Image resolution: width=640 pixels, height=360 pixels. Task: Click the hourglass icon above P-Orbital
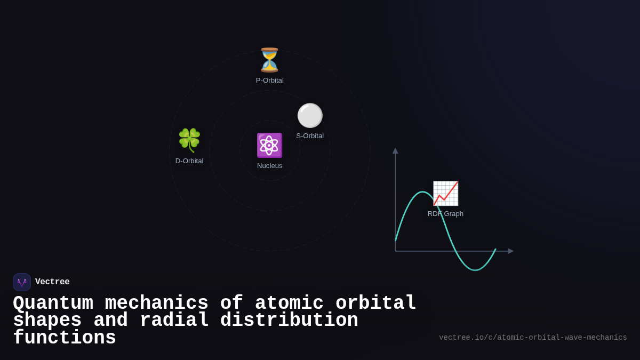(269, 60)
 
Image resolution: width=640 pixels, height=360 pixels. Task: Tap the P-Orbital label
(269, 81)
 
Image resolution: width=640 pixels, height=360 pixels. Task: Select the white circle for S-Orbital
(310, 116)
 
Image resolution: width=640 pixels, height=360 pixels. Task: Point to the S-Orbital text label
(310, 136)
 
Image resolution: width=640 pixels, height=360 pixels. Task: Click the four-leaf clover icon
(189, 140)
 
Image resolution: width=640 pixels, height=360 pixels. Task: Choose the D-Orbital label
(189, 161)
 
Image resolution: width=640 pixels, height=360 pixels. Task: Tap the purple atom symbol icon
(269, 146)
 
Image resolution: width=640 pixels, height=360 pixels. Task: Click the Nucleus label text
(269, 166)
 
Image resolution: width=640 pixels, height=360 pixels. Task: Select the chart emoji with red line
(445, 193)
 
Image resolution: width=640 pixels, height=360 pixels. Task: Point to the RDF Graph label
(445, 214)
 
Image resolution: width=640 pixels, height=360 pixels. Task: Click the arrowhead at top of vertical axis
(395, 151)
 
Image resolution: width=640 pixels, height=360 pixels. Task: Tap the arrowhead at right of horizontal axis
(510, 251)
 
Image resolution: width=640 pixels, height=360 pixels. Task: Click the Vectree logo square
(22, 282)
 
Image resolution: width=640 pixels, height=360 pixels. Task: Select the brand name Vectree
(52, 282)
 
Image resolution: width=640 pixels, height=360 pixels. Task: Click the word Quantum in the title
(53, 303)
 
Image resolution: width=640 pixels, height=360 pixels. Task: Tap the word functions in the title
(64, 338)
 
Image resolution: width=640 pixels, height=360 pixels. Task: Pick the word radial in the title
(174, 321)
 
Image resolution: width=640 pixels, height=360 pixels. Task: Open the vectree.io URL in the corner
(533, 338)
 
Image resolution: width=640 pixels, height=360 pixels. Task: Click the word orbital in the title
(375, 303)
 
